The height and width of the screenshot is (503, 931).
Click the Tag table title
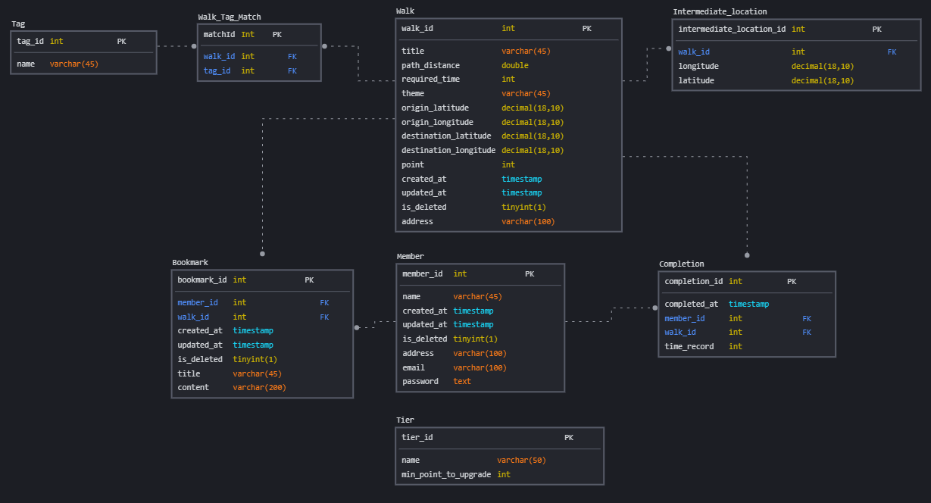click(x=18, y=23)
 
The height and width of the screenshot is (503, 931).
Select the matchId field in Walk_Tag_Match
click(x=219, y=35)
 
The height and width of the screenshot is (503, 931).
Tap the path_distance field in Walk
click(x=430, y=66)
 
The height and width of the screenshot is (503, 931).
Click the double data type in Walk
click(x=514, y=66)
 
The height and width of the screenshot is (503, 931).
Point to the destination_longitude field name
click(x=448, y=151)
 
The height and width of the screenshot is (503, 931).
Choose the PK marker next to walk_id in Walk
click(x=587, y=29)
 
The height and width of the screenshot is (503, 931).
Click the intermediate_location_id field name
click(x=732, y=30)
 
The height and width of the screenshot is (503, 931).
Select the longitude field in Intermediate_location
click(x=698, y=67)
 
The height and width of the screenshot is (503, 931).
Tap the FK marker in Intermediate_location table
click(x=892, y=52)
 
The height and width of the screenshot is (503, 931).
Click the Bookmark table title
click(x=189, y=263)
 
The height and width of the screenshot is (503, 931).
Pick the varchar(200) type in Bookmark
click(x=259, y=388)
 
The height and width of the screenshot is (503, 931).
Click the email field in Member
click(x=414, y=367)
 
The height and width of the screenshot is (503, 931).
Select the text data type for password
click(x=462, y=382)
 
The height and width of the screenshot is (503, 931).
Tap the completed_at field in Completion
click(x=691, y=305)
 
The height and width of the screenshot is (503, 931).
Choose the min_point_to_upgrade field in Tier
click(x=445, y=475)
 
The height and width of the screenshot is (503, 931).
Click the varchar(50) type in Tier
click(x=521, y=461)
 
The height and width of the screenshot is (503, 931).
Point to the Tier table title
click(x=405, y=420)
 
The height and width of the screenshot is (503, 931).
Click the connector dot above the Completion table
click(x=747, y=255)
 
